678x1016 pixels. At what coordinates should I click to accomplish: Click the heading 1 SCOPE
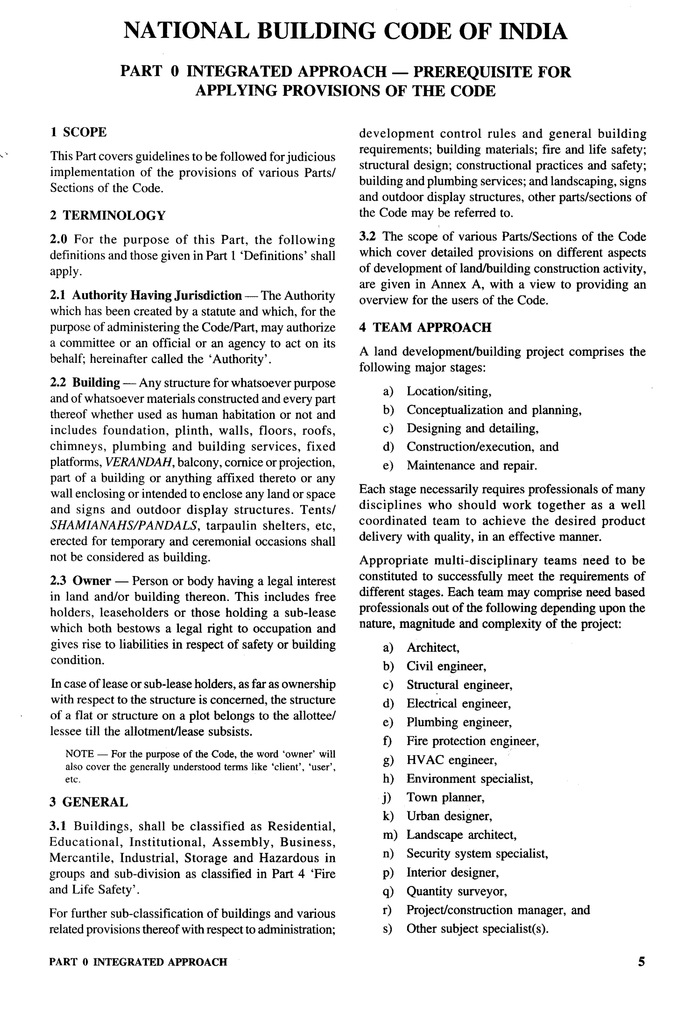click(x=78, y=132)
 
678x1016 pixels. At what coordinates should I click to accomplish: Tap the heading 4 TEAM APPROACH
click(x=425, y=327)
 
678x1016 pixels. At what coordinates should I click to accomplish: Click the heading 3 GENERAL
click(x=89, y=802)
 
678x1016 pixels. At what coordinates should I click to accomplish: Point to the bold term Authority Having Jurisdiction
click(x=157, y=296)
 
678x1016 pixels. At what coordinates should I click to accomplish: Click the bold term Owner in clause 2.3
click(x=92, y=581)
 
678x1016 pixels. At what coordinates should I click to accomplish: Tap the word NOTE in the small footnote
click(x=79, y=754)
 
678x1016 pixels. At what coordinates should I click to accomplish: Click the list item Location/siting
click(x=448, y=391)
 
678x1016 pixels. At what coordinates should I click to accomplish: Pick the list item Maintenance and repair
click(x=471, y=466)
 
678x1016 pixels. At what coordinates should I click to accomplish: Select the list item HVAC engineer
click(x=451, y=760)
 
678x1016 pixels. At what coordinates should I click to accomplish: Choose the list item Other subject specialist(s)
click(x=477, y=928)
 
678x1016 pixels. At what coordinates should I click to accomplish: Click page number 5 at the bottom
click(x=641, y=961)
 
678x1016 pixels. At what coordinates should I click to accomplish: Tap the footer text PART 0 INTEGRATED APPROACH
click(x=138, y=962)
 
